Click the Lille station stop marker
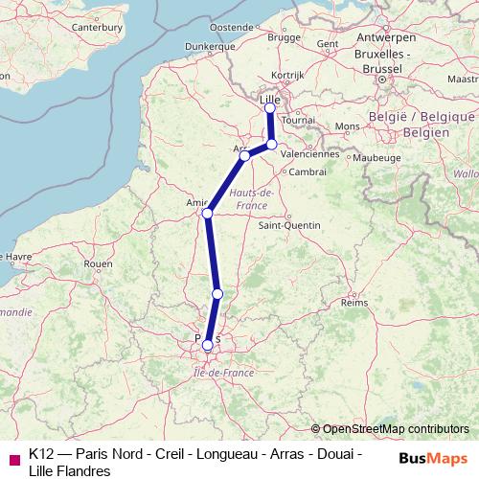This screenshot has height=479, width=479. tap(270, 107)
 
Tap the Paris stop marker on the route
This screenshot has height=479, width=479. tap(208, 345)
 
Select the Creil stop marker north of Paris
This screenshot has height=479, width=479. tap(217, 293)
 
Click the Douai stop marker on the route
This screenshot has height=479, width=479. tap(272, 145)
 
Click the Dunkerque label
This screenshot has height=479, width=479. tap(210, 45)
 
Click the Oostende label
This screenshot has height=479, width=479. tap(230, 27)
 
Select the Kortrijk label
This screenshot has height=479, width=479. tap(286, 74)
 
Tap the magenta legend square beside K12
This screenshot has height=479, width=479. tap(13, 457)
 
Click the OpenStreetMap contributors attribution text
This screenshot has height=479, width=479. tap(395, 429)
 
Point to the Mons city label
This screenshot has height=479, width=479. tap(347, 126)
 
